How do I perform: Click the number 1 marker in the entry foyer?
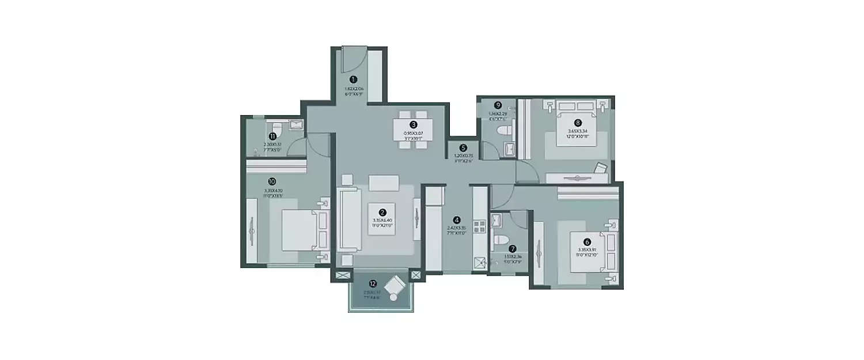pos(353,79)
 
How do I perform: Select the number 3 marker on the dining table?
pos(414,124)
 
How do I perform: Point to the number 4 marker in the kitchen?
pos(456,219)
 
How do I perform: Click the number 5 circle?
pos(464,147)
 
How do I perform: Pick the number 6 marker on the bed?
pos(586,242)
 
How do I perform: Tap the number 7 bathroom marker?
pos(511,248)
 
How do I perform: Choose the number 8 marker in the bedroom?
pos(578,122)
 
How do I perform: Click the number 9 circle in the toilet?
pos(498,105)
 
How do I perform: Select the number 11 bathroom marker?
pos(272,136)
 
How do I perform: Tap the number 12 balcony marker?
pos(373,283)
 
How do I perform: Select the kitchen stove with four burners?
pos(479,225)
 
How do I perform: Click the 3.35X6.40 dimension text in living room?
pos(382,220)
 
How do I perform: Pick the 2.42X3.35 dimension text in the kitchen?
pos(456,228)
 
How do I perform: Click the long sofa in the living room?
pos(350,220)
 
